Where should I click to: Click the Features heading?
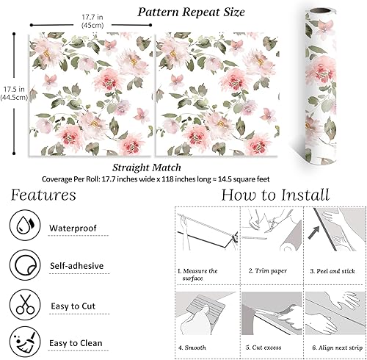coord(43,195)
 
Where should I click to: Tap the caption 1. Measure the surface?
coord(198,275)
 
